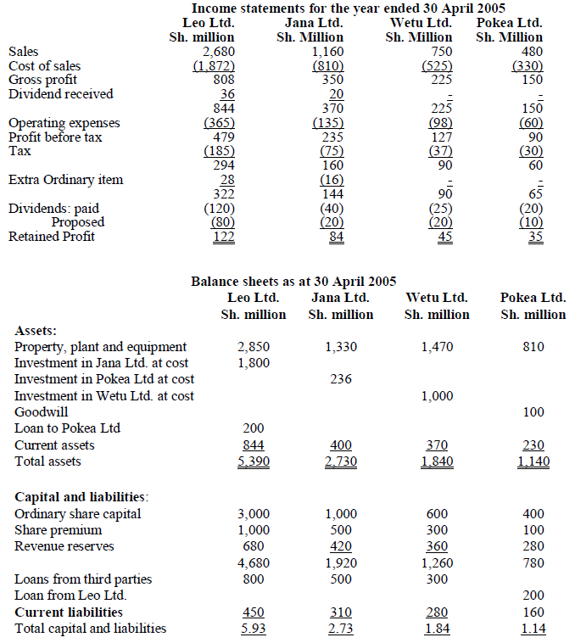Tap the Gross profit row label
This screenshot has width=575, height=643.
(42, 80)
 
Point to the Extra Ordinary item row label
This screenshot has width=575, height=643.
(65, 180)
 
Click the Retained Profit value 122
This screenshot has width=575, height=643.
(223, 237)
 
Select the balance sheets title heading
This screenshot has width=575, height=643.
(293, 281)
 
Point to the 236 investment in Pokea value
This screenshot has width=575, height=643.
(340, 379)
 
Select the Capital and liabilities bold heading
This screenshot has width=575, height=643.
(81, 496)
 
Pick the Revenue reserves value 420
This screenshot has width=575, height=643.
(340, 546)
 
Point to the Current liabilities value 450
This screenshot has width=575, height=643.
(254, 612)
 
